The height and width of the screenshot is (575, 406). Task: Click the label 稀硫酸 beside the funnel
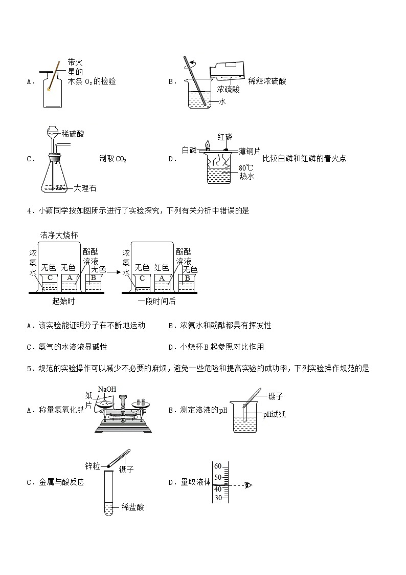pos(73,134)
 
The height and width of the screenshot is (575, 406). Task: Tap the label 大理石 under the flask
pos(85,188)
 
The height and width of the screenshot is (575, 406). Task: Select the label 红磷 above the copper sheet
pos(225,137)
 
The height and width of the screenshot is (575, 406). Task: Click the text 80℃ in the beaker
pos(246,167)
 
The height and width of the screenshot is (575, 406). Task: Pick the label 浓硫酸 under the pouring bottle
pos(228,89)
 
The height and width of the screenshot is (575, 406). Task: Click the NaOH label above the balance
pos(107,390)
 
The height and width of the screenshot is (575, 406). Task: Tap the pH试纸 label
pos(274,414)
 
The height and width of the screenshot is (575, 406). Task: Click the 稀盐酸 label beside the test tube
pos(132,507)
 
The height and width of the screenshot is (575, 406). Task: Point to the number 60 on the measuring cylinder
pos(217,466)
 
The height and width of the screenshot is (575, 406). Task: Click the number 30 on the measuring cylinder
pos(217,498)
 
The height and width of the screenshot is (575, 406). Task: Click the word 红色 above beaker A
pos(162,267)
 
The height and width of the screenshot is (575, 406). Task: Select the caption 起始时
pos(64,301)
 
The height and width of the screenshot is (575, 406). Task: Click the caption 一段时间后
pos(156,301)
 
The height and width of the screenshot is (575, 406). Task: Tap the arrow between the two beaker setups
pos(114,273)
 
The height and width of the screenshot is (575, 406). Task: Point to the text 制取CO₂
pos(112,159)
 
